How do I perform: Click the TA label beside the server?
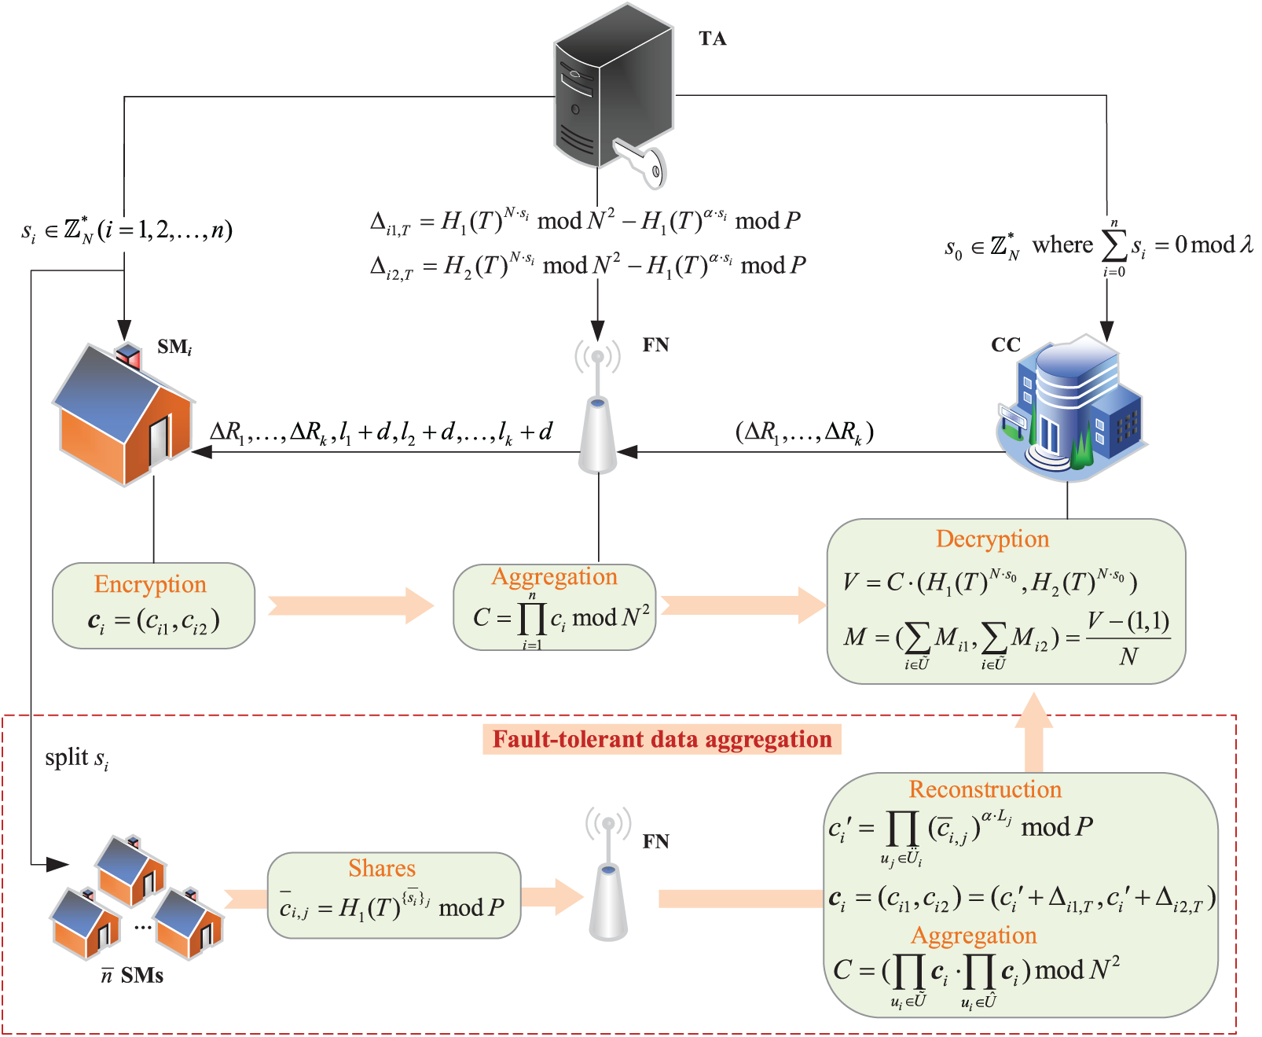(712, 39)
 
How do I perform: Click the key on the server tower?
(641, 163)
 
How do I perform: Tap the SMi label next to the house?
(174, 347)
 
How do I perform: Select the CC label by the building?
(1005, 344)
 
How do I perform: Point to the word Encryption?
(150, 584)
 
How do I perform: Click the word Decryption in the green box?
(992, 539)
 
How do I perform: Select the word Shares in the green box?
(382, 868)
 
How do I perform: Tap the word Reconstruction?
(985, 789)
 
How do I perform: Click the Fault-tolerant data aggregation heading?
(662, 739)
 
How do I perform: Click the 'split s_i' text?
(76, 758)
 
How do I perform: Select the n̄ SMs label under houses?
(132, 976)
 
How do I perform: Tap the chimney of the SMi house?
(128, 354)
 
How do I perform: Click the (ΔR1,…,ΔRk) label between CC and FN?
(804, 432)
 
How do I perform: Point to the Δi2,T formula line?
(588, 266)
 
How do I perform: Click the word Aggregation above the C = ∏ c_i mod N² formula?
(554, 576)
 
